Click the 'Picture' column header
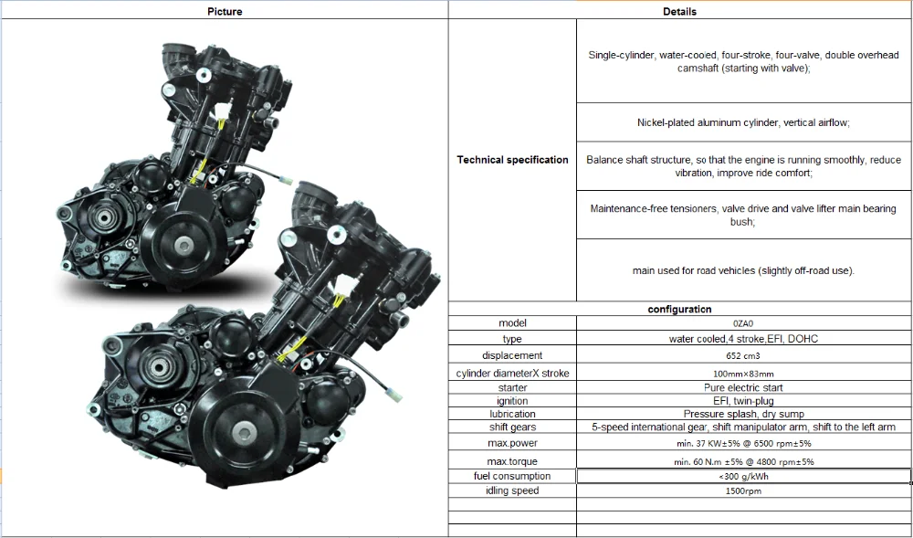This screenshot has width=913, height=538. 225,11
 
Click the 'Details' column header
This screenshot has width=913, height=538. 679,11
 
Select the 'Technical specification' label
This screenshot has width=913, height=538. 512,160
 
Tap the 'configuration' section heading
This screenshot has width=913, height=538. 679,310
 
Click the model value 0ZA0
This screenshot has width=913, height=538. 743,323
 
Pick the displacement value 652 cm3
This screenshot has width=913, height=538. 743,355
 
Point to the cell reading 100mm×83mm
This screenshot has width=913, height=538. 743,374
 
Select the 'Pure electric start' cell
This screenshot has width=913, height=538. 743,388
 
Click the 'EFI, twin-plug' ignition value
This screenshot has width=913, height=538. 743,401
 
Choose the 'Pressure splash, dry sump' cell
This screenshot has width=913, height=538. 743,414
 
